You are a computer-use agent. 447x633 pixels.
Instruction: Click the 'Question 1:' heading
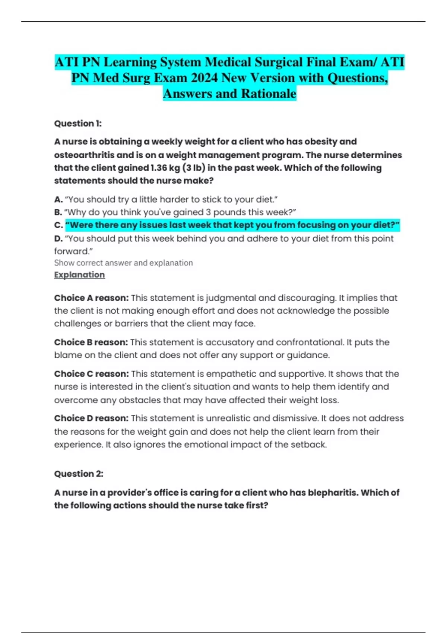(x=78, y=124)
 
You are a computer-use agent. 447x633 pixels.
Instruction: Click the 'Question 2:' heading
(x=79, y=474)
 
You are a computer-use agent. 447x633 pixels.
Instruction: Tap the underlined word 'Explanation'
(x=79, y=275)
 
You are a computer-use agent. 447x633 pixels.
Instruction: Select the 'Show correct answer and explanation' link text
(x=123, y=263)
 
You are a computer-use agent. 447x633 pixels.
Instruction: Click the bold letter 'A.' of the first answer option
(x=58, y=200)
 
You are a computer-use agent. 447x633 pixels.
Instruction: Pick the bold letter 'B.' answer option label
(x=58, y=213)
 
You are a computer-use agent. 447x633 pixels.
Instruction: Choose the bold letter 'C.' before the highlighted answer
(x=58, y=225)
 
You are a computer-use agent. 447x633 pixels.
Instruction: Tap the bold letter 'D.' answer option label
(x=58, y=239)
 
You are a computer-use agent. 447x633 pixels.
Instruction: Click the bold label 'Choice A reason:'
(x=91, y=298)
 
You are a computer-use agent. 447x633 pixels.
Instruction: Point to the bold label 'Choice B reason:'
(x=91, y=343)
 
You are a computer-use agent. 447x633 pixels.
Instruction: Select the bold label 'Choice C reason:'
(x=91, y=374)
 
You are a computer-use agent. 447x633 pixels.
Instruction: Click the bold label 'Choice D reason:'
(x=91, y=419)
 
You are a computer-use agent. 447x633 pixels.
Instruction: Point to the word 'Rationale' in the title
(x=269, y=94)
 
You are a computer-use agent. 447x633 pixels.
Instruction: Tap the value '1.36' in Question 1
(x=159, y=168)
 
